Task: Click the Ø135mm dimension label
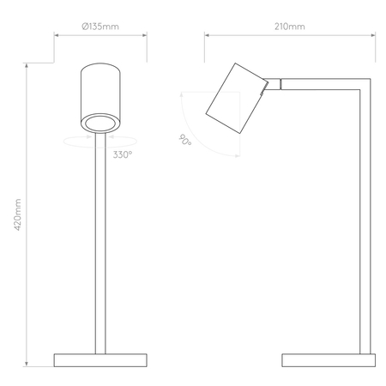[100, 27]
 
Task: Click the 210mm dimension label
[290, 27]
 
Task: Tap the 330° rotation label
[122, 155]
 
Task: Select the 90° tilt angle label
[184, 142]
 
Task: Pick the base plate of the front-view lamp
[101, 359]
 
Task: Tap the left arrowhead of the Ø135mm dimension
[57, 36]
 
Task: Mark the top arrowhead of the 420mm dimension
[27, 67]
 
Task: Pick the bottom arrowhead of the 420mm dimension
[27, 364]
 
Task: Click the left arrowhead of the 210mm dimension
[207, 36]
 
